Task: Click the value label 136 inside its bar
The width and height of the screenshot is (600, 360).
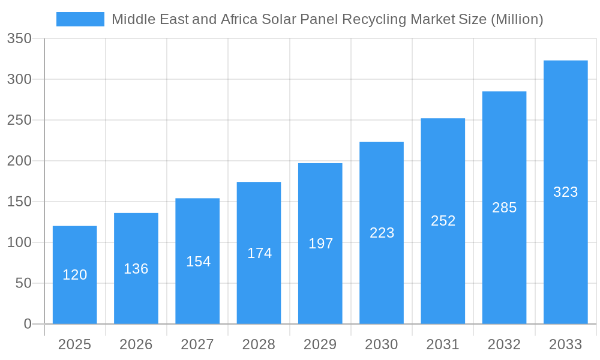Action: tap(136, 269)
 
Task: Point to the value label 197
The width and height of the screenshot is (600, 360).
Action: tap(320, 244)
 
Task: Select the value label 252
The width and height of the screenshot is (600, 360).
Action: tap(443, 221)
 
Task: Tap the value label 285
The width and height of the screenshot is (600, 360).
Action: tap(504, 208)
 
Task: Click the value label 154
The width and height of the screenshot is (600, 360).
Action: tap(198, 262)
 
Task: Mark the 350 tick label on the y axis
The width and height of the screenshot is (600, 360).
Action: tap(19, 39)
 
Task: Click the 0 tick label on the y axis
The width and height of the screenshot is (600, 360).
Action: tap(28, 324)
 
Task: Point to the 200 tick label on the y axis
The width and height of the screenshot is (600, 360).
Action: tap(19, 161)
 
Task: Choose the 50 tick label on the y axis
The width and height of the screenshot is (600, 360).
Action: tap(23, 283)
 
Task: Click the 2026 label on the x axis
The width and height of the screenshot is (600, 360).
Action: tap(136, 344)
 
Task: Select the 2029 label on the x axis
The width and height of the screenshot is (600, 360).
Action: tap(320, 344)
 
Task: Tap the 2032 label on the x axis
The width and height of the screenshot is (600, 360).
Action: tap(504, 344)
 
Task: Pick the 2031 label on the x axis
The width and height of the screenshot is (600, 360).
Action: tap(443, 344)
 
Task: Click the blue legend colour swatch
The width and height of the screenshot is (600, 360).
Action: tap(80, 19)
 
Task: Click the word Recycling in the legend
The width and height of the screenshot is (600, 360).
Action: tap(374, 19)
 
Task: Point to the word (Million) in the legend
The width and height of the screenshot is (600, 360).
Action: tap(517, 19)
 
